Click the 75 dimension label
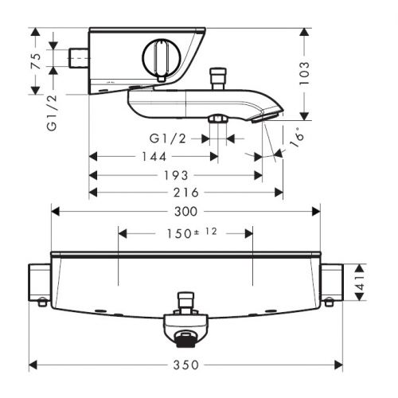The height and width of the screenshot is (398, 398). pyautogui.click(x=36, y=61)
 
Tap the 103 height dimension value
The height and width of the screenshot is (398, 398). pyautogui.click(x=304, y=73)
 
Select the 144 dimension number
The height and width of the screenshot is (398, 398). pyautogui.click(x=154, y=157)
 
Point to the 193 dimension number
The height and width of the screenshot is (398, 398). pyautogui.click(x=176, y=175)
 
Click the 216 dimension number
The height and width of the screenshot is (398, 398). pyautogui.click(x=185, y=193)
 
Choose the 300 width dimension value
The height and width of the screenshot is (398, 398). pyautogui.click(x=185, y=212)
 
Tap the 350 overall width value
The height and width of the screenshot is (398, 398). pyautogui.click(x=185, y=365)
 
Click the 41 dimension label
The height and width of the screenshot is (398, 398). pyautogui.click(x=360, y=283)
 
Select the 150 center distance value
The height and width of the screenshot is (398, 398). pyautogui.click(x=179, y=234)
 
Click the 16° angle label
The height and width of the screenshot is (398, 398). pyautogui.click(x=296, y=137)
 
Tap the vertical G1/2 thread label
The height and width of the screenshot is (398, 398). pyautogui.click(x=52, y=112)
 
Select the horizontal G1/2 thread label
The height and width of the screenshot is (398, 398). pyautogui.click(x=168, y=139)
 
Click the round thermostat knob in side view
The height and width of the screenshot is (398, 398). pyautogui.click(x=162, y=57)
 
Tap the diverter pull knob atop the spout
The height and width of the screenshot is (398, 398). pyautogui.click(x=218, y=79)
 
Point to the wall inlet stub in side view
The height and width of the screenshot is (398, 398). pyautogui.click(x=79, y=58)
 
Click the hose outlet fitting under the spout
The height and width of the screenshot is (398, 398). pyautogui.click(x=218, y=119)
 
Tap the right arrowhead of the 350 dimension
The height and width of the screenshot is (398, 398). pyautogui.click(x=338, y=365)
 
